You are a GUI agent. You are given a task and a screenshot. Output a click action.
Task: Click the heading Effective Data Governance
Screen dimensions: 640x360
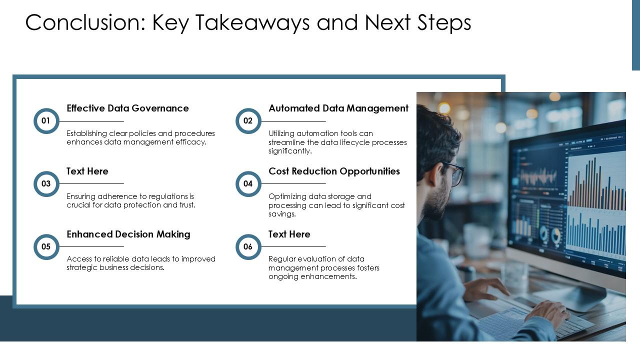point(127,108)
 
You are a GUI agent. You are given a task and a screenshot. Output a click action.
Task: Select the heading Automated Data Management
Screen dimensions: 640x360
point(338,108)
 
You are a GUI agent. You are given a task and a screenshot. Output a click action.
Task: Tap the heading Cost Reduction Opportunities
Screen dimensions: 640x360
point(334,171)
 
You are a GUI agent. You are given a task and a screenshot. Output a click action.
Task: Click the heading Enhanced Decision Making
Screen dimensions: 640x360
point(128,234)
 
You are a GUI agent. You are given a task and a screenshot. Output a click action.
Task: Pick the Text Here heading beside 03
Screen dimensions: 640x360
point(87,171)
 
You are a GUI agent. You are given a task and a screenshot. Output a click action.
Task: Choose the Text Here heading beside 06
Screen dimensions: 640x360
point(289,234)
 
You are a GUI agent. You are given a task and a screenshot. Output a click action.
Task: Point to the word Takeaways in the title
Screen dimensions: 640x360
point(252,23)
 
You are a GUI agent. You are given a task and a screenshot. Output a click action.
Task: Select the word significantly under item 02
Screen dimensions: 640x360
point(290,151)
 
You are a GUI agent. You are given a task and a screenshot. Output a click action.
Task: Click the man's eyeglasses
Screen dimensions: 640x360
point(455,173)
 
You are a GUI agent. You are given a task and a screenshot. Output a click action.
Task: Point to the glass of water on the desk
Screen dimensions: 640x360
point(514,275)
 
